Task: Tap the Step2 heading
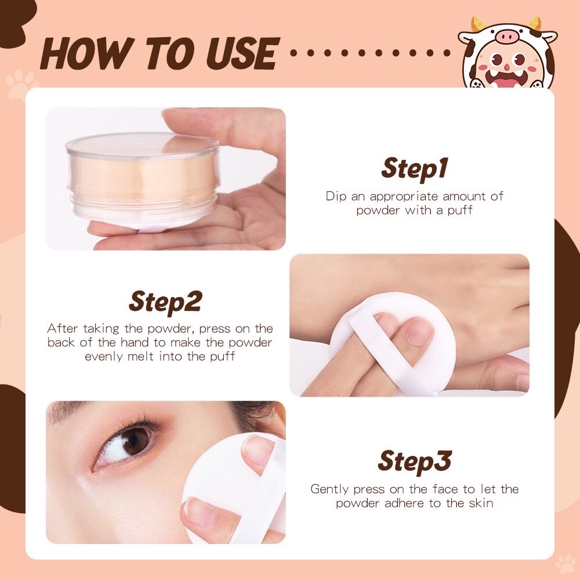point(165,301)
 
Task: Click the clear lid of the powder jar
point(142,145)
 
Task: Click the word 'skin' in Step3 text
point(482,503)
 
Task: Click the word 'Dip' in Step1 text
point(336,196)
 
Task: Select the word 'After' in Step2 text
point(62,328)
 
